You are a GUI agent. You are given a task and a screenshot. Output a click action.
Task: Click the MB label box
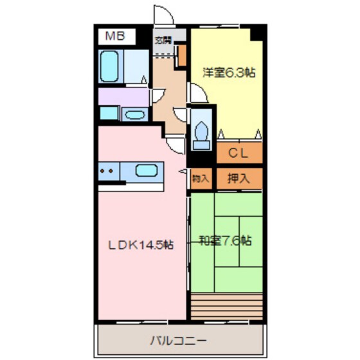116,36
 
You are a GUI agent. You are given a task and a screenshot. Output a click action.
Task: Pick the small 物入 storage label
201,179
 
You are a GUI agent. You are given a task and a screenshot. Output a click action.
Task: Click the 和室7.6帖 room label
224,241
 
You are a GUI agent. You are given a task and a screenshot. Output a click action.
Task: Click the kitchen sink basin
147,172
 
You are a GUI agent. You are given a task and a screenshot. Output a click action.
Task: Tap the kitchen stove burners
107,172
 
